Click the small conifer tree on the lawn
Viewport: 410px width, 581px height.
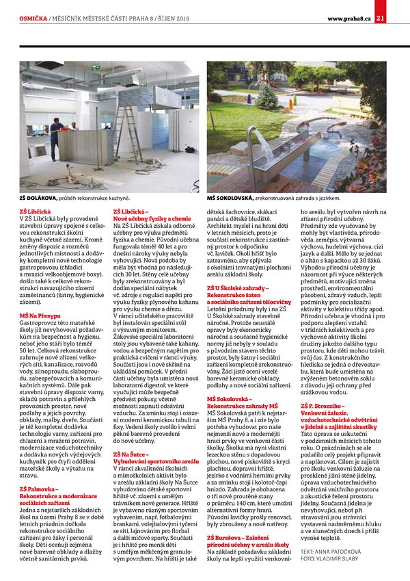(267, 96)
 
